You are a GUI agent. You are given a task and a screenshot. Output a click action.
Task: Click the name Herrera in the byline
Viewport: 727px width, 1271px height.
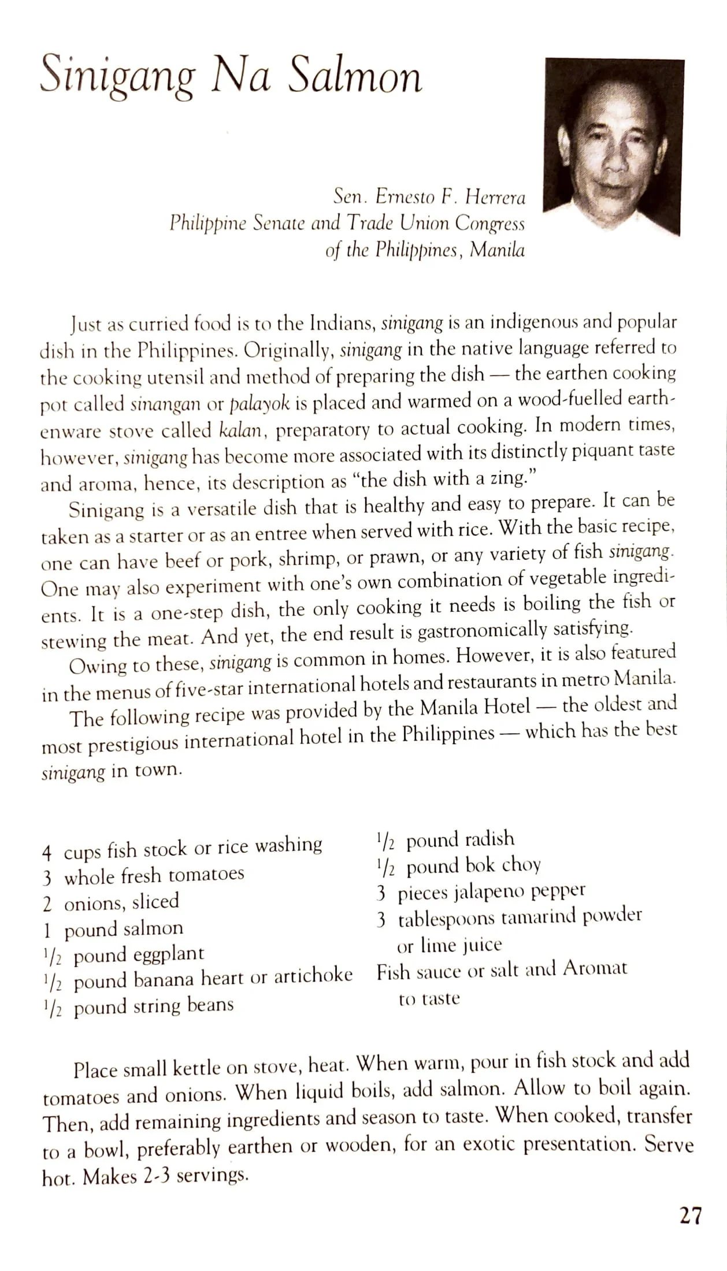pos(495,198)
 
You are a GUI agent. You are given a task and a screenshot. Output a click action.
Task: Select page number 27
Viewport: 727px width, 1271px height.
pos(690,1216)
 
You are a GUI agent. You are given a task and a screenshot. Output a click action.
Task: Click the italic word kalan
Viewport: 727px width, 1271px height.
pos(241,430)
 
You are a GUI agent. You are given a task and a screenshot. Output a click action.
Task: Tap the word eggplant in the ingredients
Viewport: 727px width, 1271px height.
pos(168,954)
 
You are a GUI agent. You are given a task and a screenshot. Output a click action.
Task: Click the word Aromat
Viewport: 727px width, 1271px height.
pos(595,968)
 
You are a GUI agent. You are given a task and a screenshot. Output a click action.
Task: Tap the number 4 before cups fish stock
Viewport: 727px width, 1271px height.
pos(47,853)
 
